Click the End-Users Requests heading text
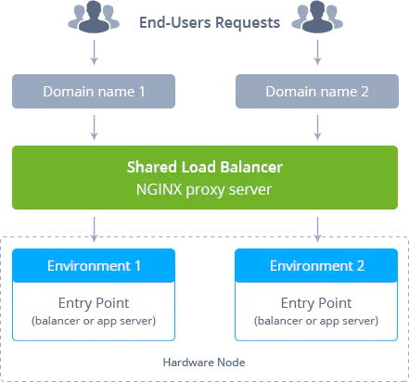tap(210, 22)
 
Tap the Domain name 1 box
tap(94, 91)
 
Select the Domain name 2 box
tap(317, 91)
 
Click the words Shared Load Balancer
tap(205, 167)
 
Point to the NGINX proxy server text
tap(204, 189)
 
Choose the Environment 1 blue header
tap(94, 266)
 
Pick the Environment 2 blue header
tap(316, 266)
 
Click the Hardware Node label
tap(204, 363)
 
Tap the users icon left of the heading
tap(94, 16)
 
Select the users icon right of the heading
tap(317, 16)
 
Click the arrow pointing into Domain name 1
tap(95, 53)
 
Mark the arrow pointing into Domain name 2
tap(317, 53)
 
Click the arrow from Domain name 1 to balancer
tap(95, 128)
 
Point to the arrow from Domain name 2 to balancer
tap(317, 128)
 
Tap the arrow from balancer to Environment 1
tap(95, 230)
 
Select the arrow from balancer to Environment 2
tap(317, 230)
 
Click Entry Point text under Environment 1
tap(94, 303)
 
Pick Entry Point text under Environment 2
tap(316, 303)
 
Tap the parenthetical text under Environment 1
tap(94, 321)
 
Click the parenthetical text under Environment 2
tap(316, 321)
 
